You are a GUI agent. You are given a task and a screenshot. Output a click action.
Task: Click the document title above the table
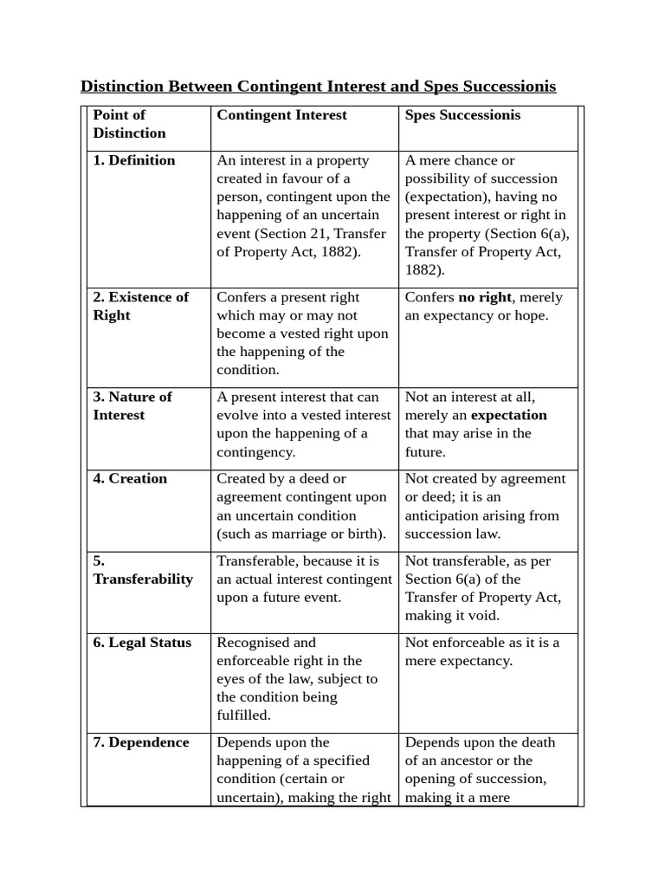click(318, 87)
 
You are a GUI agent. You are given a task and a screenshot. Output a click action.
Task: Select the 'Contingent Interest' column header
click(281, 115)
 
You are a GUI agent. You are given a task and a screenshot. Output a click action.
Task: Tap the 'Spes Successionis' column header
click(462, 115)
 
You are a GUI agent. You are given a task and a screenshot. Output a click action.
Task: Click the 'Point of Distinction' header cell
click(129, 124)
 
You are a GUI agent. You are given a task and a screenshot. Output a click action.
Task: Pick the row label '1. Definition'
click(134, 160)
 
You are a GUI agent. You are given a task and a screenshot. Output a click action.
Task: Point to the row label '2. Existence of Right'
click(140, 306)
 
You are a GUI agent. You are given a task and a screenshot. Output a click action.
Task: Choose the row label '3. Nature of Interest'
click(132, 405)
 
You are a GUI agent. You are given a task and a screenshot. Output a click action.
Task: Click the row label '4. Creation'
click(130, 478)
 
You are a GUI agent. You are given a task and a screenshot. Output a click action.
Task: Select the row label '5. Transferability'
click(143, 570)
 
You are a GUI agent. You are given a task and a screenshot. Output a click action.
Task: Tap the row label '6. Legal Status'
click(142, 643)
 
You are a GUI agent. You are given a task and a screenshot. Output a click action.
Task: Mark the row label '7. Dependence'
click(141, 742)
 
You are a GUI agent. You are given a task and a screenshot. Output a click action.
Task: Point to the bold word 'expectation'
click(508, 415)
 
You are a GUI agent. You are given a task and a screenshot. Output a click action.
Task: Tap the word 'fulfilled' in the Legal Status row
click(243, 715)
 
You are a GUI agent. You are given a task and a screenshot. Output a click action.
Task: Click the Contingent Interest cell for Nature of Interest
click(304, 424)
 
